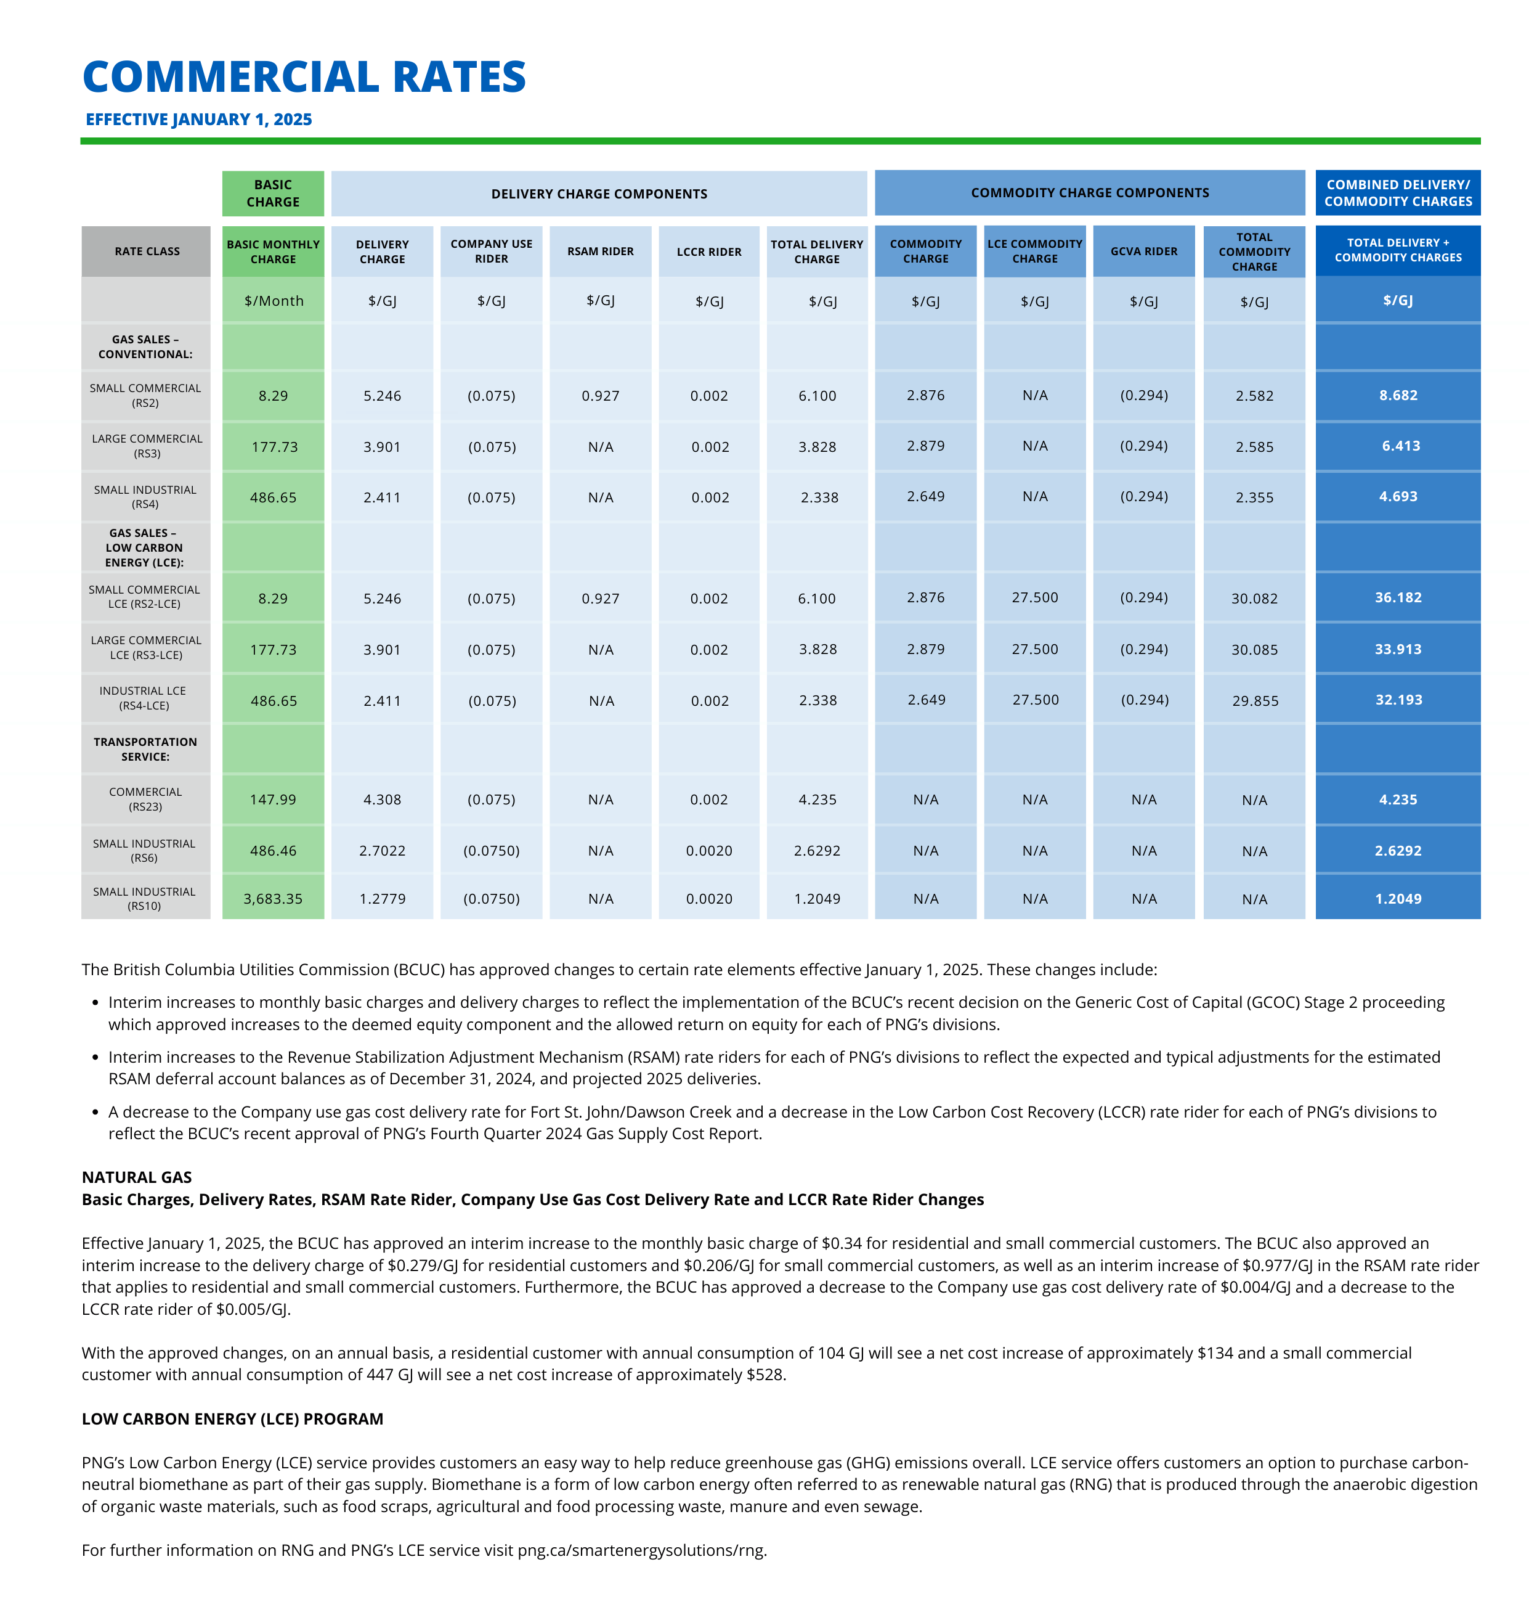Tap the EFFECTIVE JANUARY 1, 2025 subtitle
[199, 119]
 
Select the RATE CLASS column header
[147, 251]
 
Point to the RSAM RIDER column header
[601, 251]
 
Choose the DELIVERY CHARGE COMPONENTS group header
[599, 194]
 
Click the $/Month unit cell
[274, 301]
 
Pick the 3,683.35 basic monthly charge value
[273, 899]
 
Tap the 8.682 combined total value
[1398, 395]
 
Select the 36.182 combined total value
[1398, 598]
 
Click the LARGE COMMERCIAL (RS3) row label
[147, 446]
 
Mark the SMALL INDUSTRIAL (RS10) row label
[144, 899]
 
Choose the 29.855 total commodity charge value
[1255, 700]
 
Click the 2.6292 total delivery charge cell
[817, 851]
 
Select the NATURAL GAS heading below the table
[137, 1177]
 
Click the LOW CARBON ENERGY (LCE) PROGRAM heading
[232, 1418]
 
